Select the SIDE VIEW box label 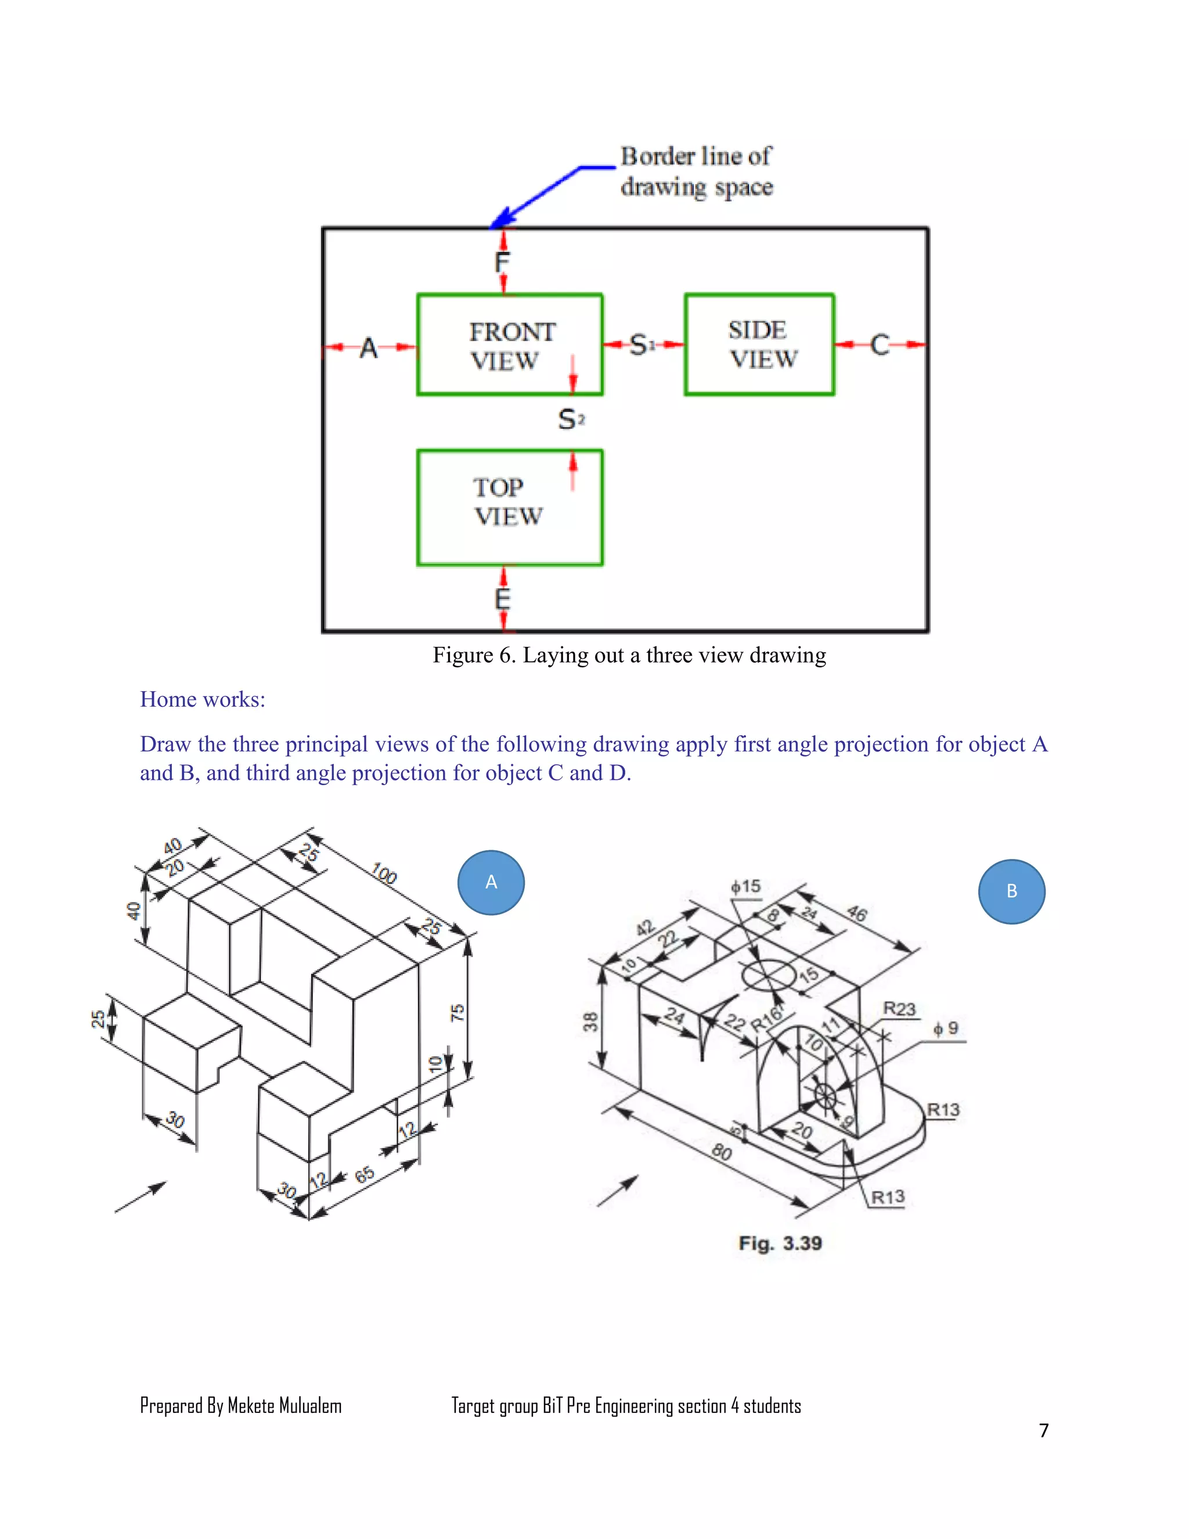click(761, 344)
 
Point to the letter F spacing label click(502, 263)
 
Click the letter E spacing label click(502, 600)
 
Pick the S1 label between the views click(641, 344)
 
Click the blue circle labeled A click(491, 882)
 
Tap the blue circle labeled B click(1011, 891)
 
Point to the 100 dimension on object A click(384, 874)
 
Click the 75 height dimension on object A click(457, 1013)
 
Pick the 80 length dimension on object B click(721, 1152)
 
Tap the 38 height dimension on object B click(590, 1021)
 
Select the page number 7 click(1044, 1430)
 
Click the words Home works click(202, 699)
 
